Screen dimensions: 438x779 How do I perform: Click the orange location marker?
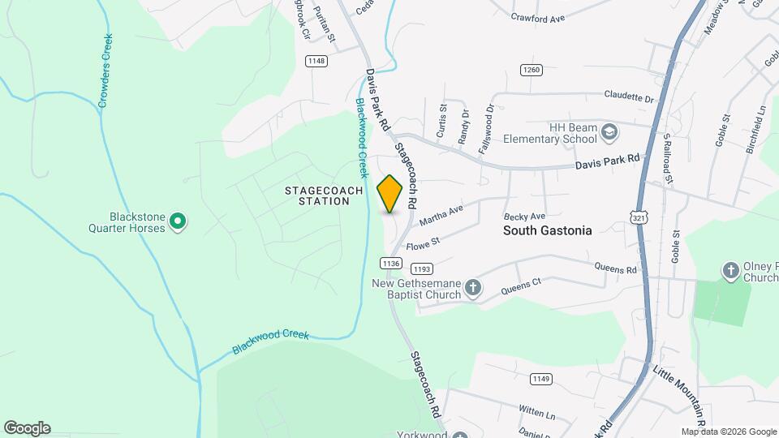click(390, 194)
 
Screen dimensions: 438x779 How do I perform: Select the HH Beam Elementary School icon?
click(609, 131)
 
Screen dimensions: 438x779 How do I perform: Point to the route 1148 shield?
click(316, 61)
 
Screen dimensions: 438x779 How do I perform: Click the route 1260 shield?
click(532, 70)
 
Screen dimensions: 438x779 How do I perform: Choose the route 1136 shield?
click(390, 263)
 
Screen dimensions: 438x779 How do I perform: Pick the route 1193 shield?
click(421, 268)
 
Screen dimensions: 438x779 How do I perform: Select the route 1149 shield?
click(541, 379)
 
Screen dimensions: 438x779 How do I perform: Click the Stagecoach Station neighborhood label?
click(317, 195)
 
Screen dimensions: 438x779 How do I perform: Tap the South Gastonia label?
click(547, 230)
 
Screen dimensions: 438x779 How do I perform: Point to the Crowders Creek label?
click(105, 71)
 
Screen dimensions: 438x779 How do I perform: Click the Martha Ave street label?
click(441, 216)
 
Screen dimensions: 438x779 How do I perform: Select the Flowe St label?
click(422, 242)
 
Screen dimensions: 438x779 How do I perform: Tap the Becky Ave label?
click(524, 217)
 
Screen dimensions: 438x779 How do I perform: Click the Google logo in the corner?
click(27, 428)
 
